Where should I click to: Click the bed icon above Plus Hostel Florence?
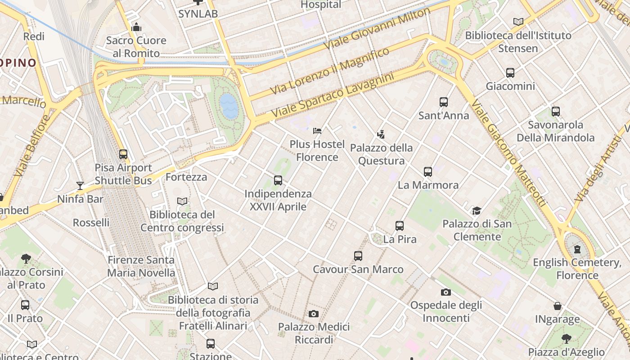point(317,131)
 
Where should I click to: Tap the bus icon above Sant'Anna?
point(444,102)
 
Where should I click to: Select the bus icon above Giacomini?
point(510,73)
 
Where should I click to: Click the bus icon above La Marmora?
point(428,171)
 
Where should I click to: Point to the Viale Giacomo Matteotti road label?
point(508,153)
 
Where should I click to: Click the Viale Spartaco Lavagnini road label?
point(333,97)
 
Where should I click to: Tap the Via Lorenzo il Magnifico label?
point(329,72)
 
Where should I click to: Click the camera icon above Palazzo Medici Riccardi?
point(314,314)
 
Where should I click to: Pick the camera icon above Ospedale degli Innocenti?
point(446,292)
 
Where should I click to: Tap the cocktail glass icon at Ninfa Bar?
point(80,185)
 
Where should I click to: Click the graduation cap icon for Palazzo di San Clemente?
point(477,211)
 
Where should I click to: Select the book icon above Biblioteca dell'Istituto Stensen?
point(518,22)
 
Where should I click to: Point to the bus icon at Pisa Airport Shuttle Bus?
point(123,154)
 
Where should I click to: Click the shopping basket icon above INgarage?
point(558,306)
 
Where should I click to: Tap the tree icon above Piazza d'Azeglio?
point(567,339)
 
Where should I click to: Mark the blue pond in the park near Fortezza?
point(229,106)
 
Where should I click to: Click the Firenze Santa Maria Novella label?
point(141,266)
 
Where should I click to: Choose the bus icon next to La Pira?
point(400,226)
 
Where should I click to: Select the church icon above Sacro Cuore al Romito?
point(136,27)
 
